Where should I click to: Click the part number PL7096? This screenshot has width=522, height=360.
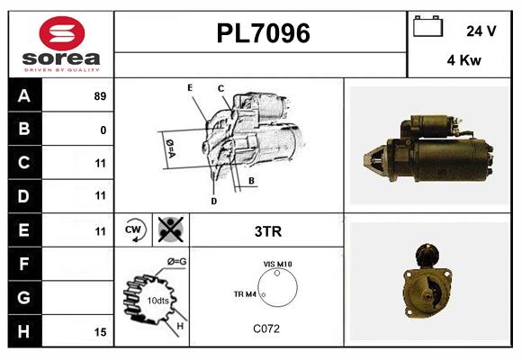click(263, 34)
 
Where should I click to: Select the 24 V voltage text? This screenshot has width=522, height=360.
click(481, 31)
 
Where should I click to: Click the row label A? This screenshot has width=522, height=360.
click(23, 95)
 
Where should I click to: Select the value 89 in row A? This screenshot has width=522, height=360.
click(100, 96)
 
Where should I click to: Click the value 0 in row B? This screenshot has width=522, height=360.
click(103, 130)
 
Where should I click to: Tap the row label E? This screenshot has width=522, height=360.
click(23, 229)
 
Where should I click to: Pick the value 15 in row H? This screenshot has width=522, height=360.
click(100, 332)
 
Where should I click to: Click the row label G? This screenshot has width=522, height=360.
click(23, 297)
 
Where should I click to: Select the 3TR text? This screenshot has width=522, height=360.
click(268, 231)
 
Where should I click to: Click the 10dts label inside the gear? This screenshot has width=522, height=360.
click(157, 301)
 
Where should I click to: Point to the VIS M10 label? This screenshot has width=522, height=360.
click(277, 264)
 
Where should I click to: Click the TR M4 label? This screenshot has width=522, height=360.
click(245, 293)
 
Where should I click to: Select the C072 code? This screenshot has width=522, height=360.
click(265, 328)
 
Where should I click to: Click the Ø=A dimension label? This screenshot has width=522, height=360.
click(169, 145)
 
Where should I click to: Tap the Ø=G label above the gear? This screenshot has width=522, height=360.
click(176, 262)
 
